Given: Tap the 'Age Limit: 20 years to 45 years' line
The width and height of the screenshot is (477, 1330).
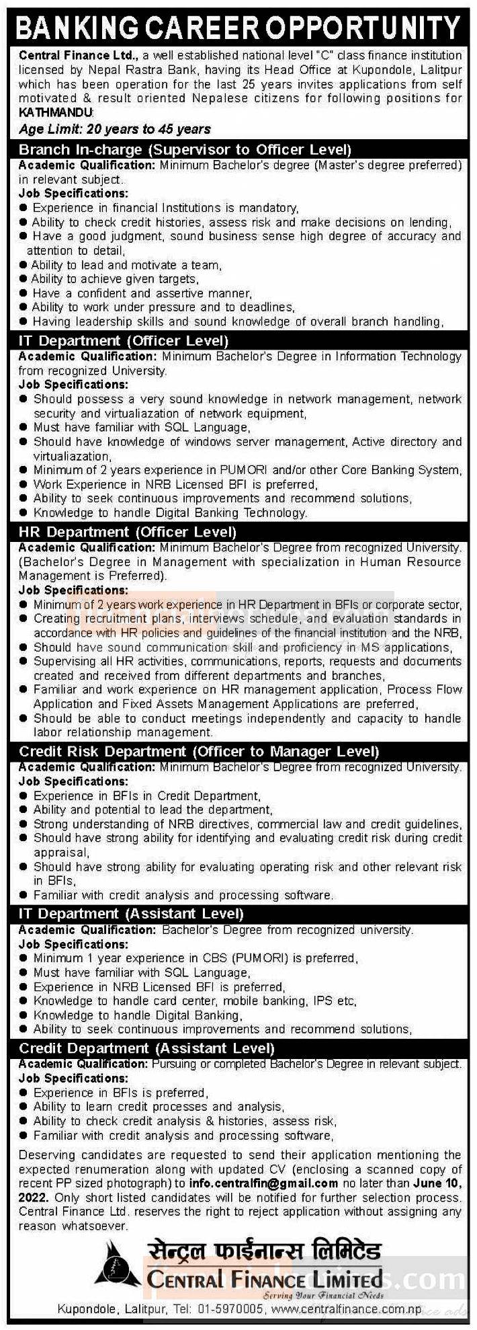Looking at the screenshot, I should pos(114,129).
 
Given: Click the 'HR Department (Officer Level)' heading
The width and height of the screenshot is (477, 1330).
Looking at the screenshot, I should pos(128,533).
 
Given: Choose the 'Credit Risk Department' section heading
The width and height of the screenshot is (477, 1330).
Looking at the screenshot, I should pos(199,751).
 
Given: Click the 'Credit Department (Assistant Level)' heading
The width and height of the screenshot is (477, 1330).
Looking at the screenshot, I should pos(146,1048).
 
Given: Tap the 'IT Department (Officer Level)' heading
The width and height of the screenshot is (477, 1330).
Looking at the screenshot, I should pos(124,341).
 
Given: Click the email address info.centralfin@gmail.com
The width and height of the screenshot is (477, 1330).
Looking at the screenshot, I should pos(263,1183).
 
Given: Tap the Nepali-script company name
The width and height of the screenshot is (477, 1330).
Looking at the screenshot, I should pos(263,1252).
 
